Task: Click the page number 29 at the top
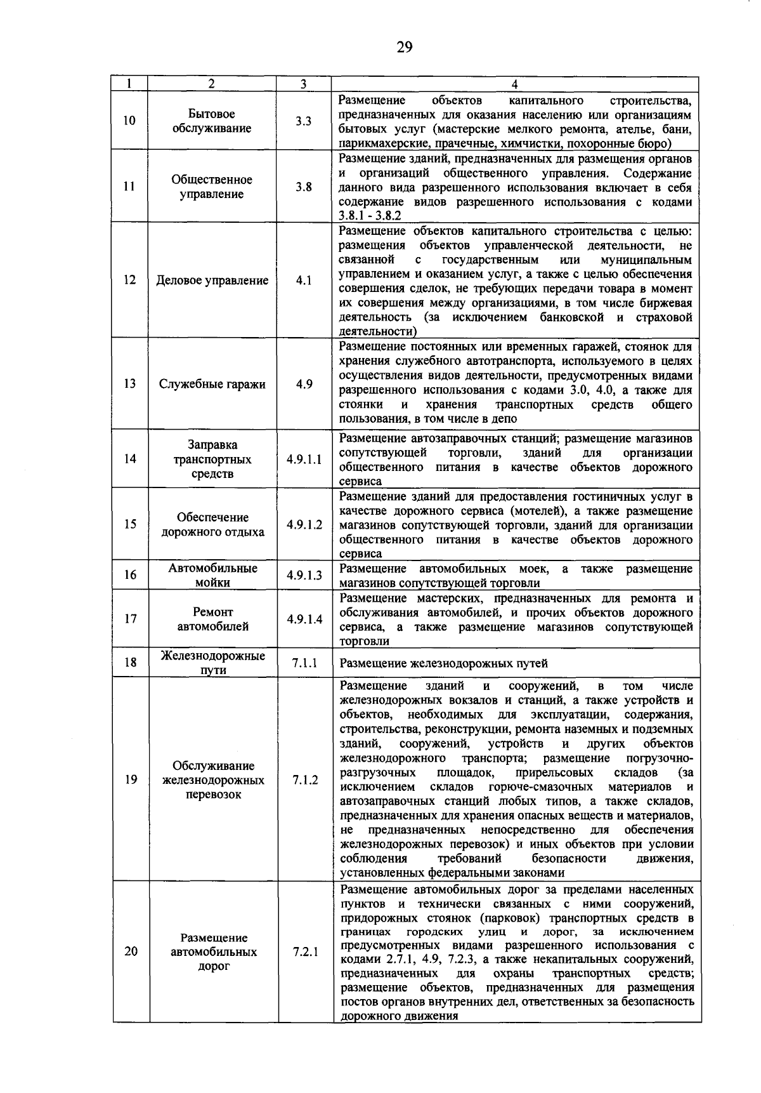tap(405, 47)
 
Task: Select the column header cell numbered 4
tap(515, 84)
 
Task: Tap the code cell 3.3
tap(304, 121)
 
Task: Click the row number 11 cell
tap(129, 187)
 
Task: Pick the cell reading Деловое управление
tap(212, 281)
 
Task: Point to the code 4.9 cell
tap(304, 384)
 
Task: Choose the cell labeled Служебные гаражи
tap(212, 384)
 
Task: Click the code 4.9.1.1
tap(304, 459)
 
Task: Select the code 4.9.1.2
tap(304, 524)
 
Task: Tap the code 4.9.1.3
tap(304, 575)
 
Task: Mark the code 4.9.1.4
tap(304, 619)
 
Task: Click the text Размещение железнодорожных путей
tap(444, 663)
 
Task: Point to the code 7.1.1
tap(304, 663)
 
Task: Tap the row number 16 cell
tap(130, 575)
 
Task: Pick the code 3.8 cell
tap(304, 187)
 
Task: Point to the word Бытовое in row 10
tap(212, 114)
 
